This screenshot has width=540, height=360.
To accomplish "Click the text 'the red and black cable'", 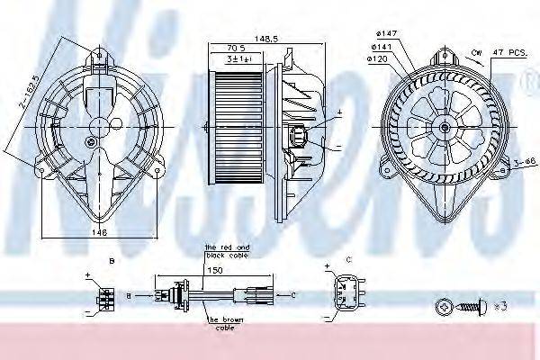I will (226, 250).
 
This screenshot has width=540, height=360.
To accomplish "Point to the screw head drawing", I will (442, 307).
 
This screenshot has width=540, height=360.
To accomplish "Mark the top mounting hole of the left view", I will (97, 56).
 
